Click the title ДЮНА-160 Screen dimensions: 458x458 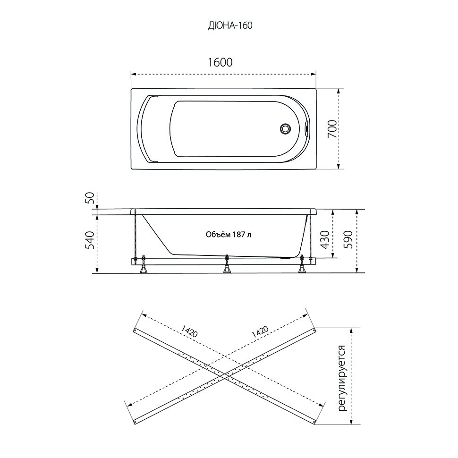230,25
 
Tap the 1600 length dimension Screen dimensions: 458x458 220,62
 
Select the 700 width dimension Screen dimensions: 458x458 332,129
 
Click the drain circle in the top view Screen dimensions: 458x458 285,129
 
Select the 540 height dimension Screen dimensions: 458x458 90,240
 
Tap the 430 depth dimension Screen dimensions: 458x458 324,239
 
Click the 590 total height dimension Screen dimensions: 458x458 348,239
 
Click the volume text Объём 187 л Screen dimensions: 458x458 229,235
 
